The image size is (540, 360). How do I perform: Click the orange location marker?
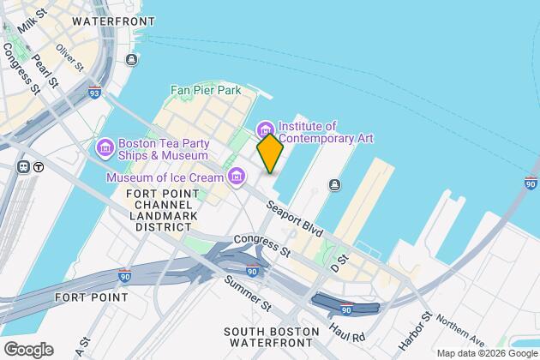270,153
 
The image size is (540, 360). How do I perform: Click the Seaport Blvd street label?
294,220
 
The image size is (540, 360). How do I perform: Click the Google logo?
27,349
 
